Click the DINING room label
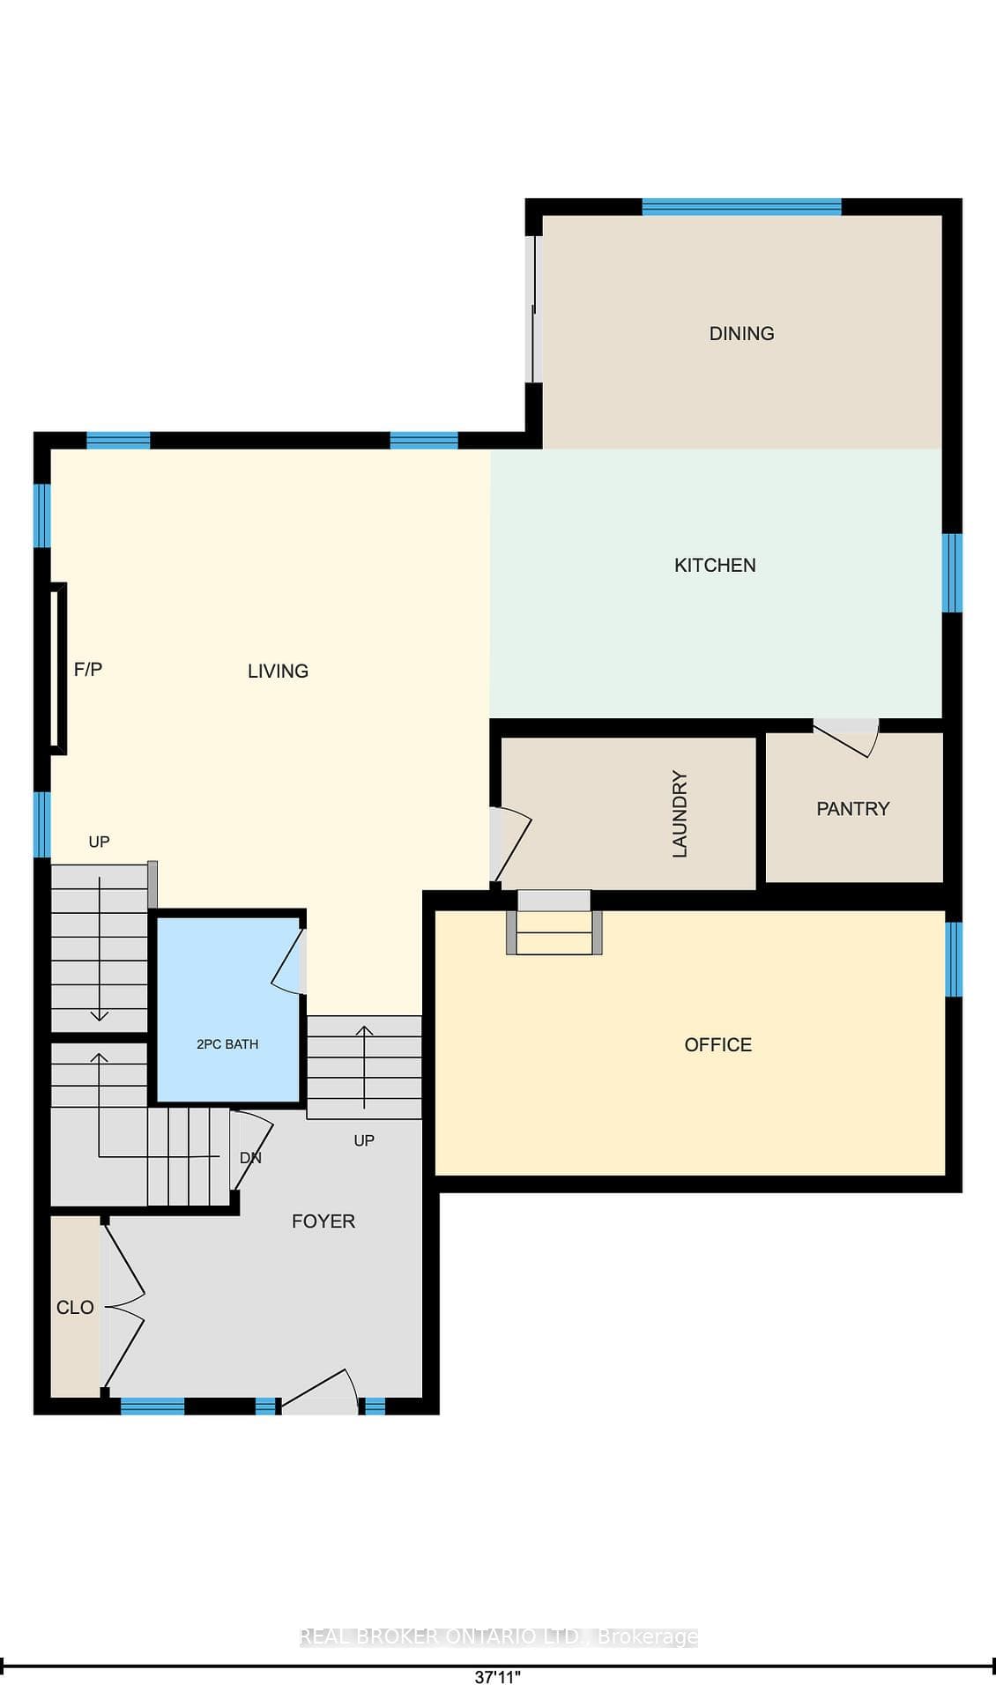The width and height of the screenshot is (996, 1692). pyautogui.click(x=741, y=333)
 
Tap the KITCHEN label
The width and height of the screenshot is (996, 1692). pyautogui.click(x=715, y=565)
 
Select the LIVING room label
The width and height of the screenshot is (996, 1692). pyautogui.click(x=278, y=671)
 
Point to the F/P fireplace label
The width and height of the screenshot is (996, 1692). pyautogui.click(x=88, y=669)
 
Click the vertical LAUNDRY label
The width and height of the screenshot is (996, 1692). pyautogui.click(x=680, y=813)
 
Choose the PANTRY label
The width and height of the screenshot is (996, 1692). pyautogui.click(x=852, y=808)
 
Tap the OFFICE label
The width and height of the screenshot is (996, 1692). pyautogui.click(x=717, y=1044)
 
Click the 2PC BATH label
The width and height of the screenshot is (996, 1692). pyautogui.click(x=227, y=1044)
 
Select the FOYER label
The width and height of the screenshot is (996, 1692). pyautogui.click(x=323, y=1221)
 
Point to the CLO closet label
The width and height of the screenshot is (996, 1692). pyautogui.click(x=75, y=1307)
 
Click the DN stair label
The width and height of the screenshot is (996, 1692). pyautogui.click(x=250, y=1158)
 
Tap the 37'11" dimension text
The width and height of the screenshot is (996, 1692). pyautogui.click(x=498, y=1677)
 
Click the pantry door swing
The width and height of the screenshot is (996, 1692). pyautogui.click(x=847, y=738)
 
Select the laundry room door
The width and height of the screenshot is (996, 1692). pyautogui.click(x=510, y=845)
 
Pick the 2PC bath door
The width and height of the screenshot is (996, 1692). pyautogui.click(x=288, y=961)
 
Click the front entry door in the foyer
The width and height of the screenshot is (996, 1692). pyautogui.click(x=319, y=1391)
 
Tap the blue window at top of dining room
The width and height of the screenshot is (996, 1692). pyautogui.click(x=741, y=207)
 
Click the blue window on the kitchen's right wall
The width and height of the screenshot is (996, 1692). pyautogui.click(x=952, y=573)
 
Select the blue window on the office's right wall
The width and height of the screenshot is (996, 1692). pyautogui.click(x=954, y=959)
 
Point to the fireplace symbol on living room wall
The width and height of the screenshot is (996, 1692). pyautogui.click(x=58, y=669)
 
